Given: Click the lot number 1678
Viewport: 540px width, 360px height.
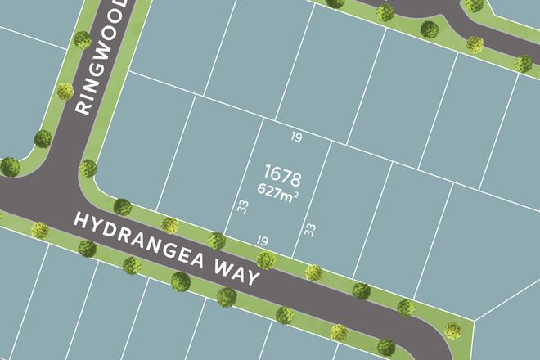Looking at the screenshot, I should pos(283,174).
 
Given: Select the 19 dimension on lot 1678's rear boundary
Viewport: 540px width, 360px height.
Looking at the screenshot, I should pos(296,137).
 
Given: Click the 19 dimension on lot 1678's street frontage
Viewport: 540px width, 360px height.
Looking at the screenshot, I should pos(262,241).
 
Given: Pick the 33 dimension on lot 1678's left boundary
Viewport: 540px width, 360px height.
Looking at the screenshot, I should pos(242,207).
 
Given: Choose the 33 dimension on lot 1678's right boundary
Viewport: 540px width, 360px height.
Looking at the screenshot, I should pos(310,230).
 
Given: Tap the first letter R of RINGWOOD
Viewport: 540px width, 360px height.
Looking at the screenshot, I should pos(82,107).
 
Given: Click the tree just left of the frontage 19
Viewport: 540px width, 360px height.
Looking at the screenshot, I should pos(217,241).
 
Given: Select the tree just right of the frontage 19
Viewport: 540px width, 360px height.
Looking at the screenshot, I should pos(265,260).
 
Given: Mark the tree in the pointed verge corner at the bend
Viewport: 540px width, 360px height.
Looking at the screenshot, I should pos(452,331).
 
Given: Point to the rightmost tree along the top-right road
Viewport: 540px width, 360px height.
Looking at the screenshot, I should pos(524,63).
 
